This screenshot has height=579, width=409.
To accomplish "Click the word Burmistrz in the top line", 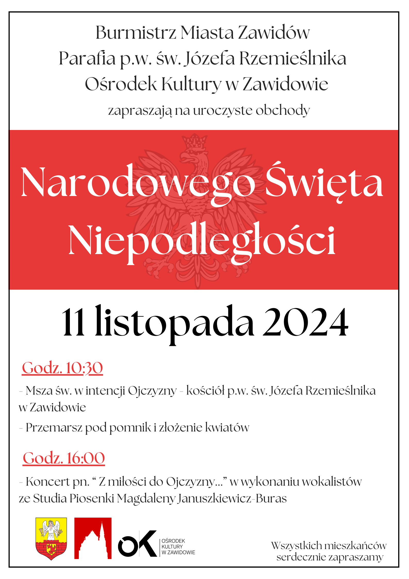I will (x=136, y=33).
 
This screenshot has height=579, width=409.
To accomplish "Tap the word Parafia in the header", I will (x=87, y=59).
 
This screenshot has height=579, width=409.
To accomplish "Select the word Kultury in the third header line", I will (x=191, y=84).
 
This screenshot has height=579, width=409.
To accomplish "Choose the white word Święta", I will (x=324, y=182).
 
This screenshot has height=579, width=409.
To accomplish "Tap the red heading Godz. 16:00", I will (x=64, y=458).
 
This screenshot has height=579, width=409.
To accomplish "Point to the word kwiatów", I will (x=227, y=427).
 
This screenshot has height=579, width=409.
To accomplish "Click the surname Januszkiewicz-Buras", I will (x=232, y=498).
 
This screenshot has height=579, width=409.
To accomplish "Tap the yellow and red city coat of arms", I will (x=51, y=539).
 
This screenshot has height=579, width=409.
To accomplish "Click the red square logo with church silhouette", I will (x=93, y=538).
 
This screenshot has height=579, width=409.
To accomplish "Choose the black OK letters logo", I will (x=138, y=544).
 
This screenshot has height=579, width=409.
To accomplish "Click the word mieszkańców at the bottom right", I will (x=355, y=545).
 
